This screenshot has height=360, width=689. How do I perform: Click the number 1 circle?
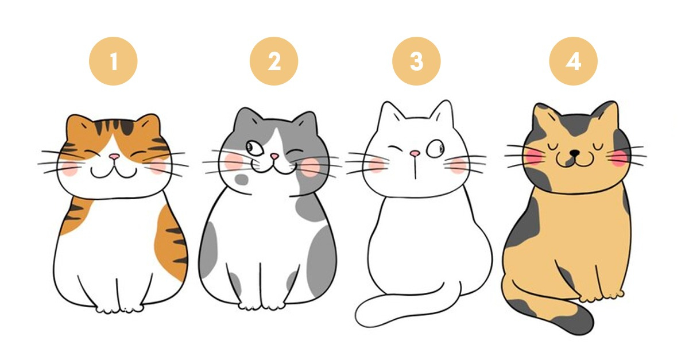click(113, 61)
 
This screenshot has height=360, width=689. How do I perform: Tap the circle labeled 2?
click(274, 61)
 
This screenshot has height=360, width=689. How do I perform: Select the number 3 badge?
click(416, 61)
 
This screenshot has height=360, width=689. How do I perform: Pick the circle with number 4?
click(573, 61)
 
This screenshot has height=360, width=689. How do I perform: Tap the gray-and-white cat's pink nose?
click(274, 156)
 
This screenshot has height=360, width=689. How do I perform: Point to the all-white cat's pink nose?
click(413, 153)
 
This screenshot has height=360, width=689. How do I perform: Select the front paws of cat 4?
click(600, 297)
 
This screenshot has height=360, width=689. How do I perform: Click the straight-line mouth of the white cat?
click(413, 168)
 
